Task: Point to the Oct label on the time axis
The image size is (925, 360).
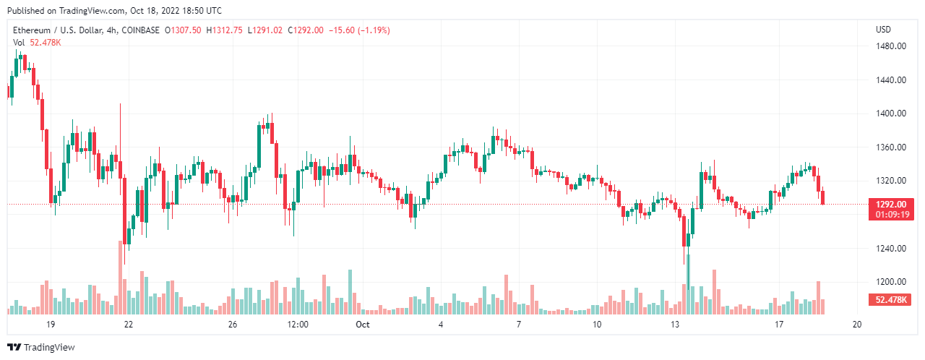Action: pos(363,325)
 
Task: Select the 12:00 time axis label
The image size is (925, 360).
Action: pos(298,325)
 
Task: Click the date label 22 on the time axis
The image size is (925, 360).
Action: pos(129,325)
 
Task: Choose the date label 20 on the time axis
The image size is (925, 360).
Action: pos(856,325)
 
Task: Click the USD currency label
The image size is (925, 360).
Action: pos(883,30)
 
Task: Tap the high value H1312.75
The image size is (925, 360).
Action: pos(225,30)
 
